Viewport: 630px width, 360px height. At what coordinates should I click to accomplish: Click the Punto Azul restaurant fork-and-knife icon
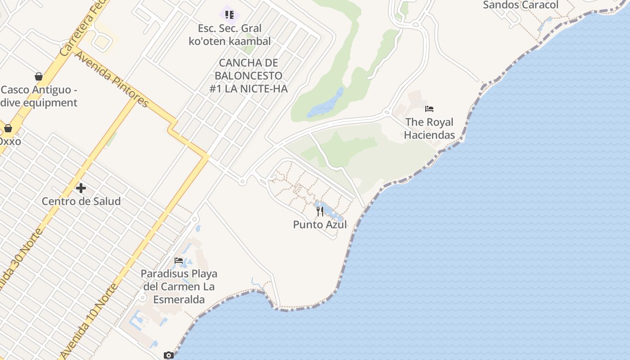320,211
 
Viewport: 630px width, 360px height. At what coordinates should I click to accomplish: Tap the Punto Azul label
320,224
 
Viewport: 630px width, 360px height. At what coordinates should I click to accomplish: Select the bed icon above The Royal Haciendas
429,109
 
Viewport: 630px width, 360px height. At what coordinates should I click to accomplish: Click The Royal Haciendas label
429,128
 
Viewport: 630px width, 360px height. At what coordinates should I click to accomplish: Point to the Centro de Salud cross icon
81,188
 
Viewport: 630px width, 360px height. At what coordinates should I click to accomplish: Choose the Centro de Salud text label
81,201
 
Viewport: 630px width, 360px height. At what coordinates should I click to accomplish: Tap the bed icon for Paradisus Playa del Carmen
179,261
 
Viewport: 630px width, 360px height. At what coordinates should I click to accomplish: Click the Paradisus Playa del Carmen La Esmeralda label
179,286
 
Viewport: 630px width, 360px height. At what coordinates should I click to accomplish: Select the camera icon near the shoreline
169,355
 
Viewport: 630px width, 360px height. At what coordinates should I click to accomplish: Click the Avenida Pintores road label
112,79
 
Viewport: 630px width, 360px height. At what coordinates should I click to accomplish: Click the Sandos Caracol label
520,5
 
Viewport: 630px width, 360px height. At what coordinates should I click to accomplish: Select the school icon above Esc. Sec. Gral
229,15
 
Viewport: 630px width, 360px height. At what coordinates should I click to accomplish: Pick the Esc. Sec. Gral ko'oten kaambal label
229,35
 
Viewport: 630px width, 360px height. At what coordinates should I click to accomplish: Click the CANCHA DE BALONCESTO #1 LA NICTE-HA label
248,76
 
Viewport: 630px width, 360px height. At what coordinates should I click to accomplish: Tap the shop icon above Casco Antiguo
39,76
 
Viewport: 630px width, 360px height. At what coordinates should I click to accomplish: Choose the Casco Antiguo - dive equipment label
39,96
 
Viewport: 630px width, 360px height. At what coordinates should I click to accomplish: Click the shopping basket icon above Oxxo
8,128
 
